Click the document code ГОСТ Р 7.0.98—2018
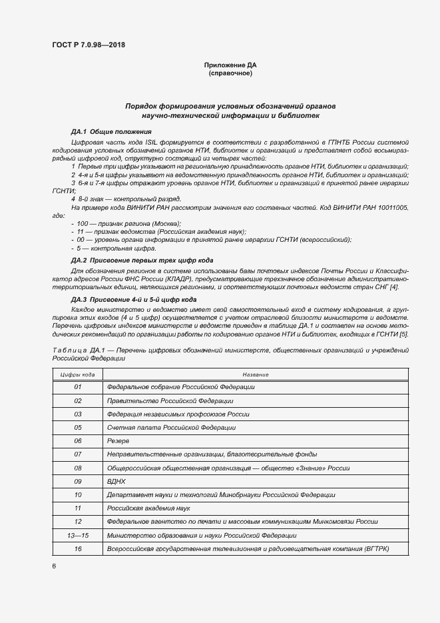88,45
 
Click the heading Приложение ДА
230,65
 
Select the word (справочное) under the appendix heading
230,73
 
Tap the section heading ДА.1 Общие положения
111,132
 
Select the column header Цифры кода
78,374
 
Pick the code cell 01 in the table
78,387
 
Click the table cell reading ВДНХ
116,481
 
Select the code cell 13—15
78,535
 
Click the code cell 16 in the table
78,548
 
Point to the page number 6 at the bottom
53,566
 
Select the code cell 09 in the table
78,481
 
